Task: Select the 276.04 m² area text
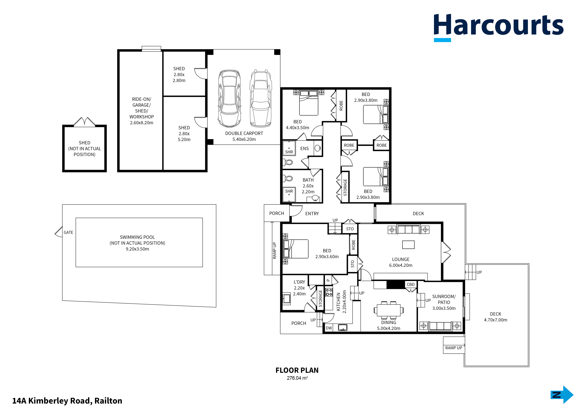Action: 297,378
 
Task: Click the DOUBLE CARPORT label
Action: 244,133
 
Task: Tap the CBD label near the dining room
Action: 411,284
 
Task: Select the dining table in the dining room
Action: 388,310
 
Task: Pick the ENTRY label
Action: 312,214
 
